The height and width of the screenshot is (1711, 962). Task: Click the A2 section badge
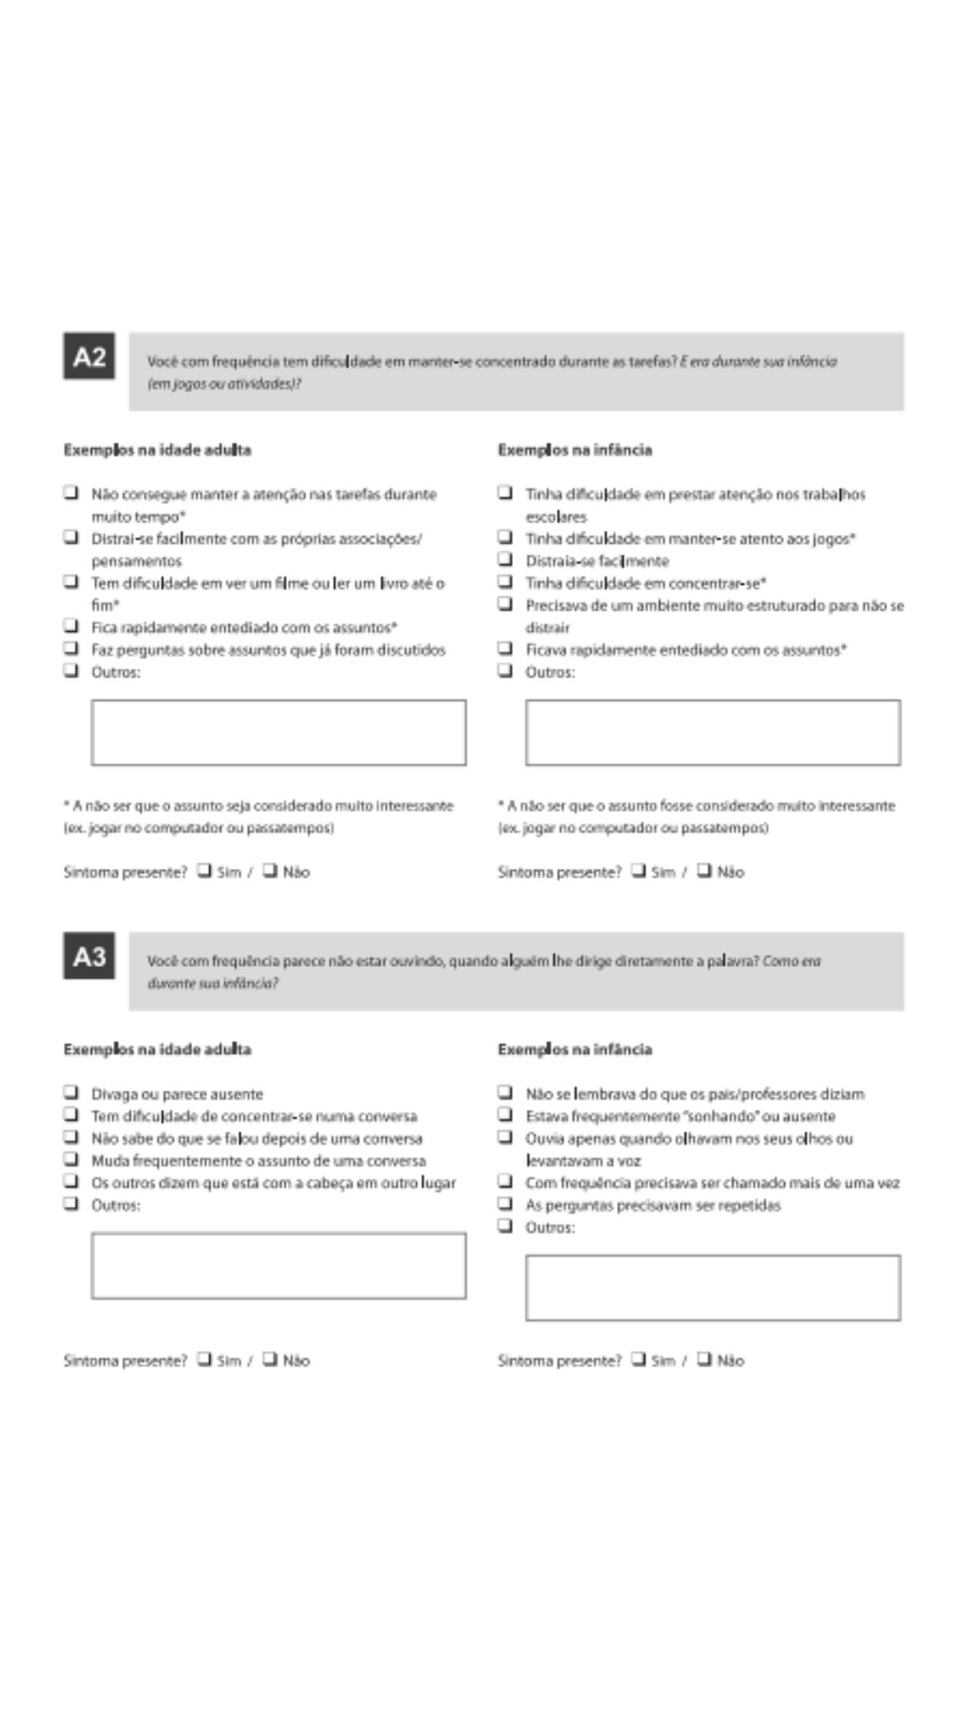pyautogui.click(x=89, y=356)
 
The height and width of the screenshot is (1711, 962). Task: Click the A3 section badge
pyautogui.click(x=89, y=956)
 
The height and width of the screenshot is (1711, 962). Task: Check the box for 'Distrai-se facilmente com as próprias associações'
pyautogui.click(x=70, y=536)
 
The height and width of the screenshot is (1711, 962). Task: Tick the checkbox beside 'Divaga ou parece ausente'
pyautogui.click(x=70, y=1092)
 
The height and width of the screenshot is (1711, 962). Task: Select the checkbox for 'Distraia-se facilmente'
pyautogui.click(x=505, y=559)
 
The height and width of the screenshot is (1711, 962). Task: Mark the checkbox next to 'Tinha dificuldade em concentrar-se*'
pyautogui.click(x=505, y=581)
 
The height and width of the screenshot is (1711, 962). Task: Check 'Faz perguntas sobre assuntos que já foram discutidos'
pyautogui.click(x=70, y=648)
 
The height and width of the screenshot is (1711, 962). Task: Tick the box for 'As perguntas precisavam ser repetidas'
pyautogui.click(x=505, y=1203)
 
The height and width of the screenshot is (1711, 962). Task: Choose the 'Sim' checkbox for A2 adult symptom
pyautogui.click(x=204, y=870)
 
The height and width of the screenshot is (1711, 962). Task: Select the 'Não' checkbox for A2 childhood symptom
pyautogui.click(x=705, y=870)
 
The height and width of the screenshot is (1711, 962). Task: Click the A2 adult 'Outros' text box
pyautogui.click(x=278, y=733)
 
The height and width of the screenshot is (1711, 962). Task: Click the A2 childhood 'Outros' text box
pyautogui.click(x=713, y=733)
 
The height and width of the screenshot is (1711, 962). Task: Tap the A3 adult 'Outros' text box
pyautogui.click(x=278, y=1265)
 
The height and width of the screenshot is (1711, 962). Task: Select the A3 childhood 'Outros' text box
pyautogui.click(x=713, y=1288)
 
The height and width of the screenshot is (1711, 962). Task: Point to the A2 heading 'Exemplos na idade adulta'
pyautogui.click(x=158, y=450)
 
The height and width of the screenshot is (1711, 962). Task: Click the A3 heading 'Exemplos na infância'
pyautogui.click(x=575, y=1050)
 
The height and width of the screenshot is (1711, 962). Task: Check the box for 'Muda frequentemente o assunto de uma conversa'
pyautogui.click(x=70, y=1158)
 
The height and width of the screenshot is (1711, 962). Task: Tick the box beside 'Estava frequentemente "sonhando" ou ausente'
pyautogui.click(x=505, y=1114)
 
